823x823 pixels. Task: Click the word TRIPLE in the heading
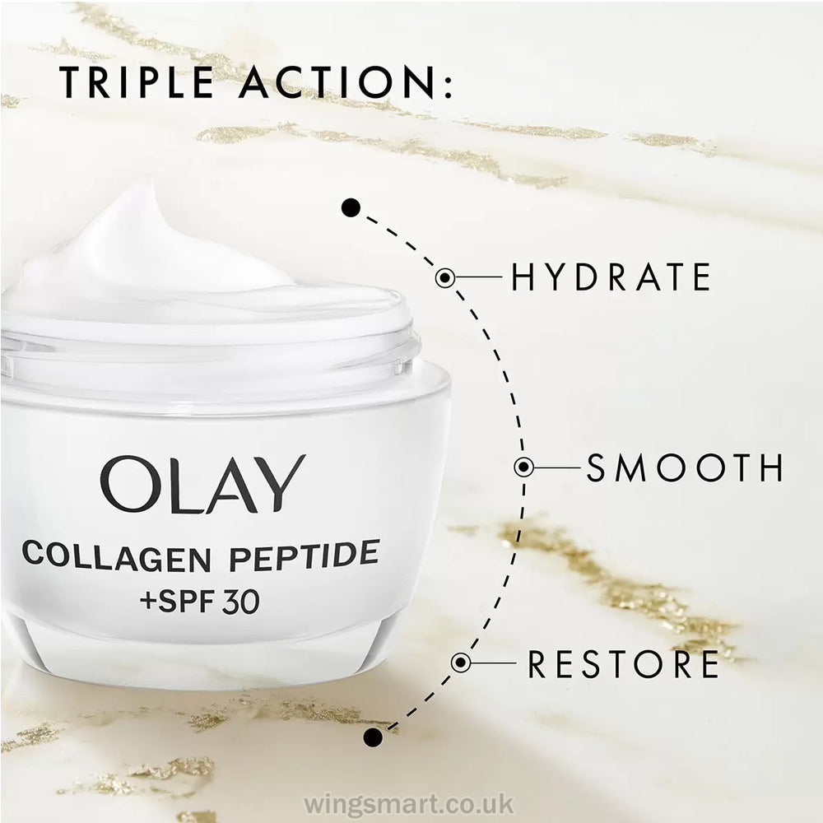(137, 82)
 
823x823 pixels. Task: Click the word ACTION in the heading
(337, 82)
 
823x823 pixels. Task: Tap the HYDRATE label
(611, 277)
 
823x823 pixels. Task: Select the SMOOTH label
(685, 467)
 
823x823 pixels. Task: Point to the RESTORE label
(623, 663)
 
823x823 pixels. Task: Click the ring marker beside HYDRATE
(445, 277)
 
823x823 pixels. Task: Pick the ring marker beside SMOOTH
(523, 467)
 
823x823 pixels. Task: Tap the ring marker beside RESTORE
(460, 663)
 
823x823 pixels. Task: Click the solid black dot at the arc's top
(351, 208)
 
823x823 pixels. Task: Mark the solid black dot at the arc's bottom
(373, 737)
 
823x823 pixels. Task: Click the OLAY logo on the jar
(202, 485)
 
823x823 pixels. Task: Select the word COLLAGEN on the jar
(117, 556)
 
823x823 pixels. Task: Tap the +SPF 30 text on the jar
(200, 602)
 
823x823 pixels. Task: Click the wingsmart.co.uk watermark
(409, 803)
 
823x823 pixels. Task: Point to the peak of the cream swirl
(150, 184)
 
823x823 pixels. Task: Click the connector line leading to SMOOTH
(556, 467)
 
